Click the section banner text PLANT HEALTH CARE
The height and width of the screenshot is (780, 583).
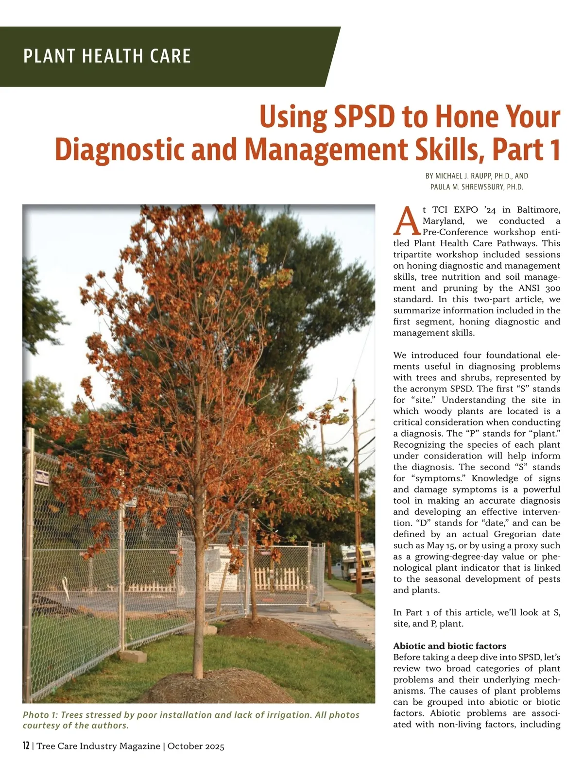[107, 56]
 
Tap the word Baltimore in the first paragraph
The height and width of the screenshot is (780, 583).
[538, 210]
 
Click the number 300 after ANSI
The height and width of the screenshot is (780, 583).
[552, 288]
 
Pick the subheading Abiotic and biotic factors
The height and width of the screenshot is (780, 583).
[449, 646]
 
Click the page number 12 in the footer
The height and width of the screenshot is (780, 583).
[26, 746]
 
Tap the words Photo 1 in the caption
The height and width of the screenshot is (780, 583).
[36, 715]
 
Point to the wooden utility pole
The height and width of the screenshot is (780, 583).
[357, 486]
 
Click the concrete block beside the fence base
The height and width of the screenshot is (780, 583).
[132, 656]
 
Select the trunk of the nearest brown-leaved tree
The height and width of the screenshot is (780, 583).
[198, 607]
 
